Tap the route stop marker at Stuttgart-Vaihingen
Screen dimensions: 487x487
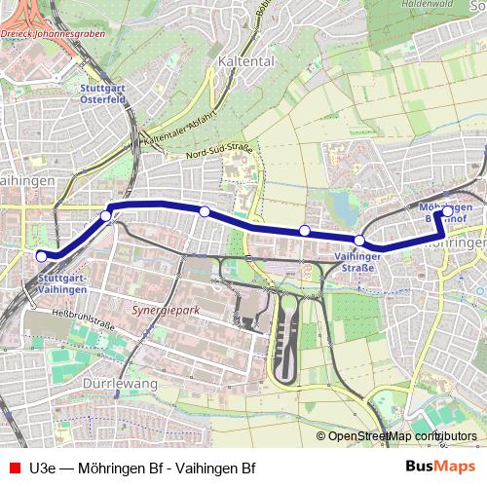coord(41,256)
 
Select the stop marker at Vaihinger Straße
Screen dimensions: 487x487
coord(359,241)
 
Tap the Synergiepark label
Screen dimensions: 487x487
coord(162,314)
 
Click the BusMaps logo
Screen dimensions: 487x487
coord(433,467)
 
